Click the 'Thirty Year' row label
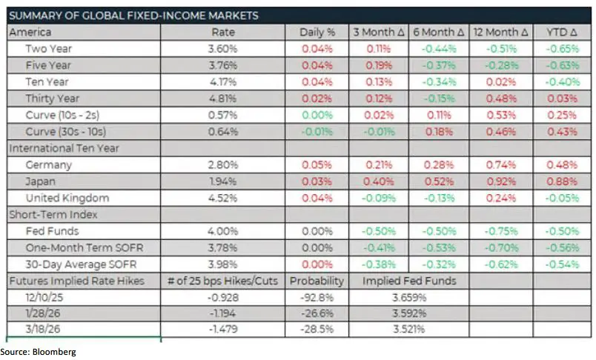point(53,98)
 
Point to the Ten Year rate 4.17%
point(223,81)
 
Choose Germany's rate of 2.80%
point(223,165)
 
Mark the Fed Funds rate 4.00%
point(223,231)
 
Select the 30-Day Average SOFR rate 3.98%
point(223,264)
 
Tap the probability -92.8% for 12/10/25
point(317,298)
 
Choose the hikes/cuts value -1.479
point(223,330)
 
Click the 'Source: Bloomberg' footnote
point(39,352)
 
